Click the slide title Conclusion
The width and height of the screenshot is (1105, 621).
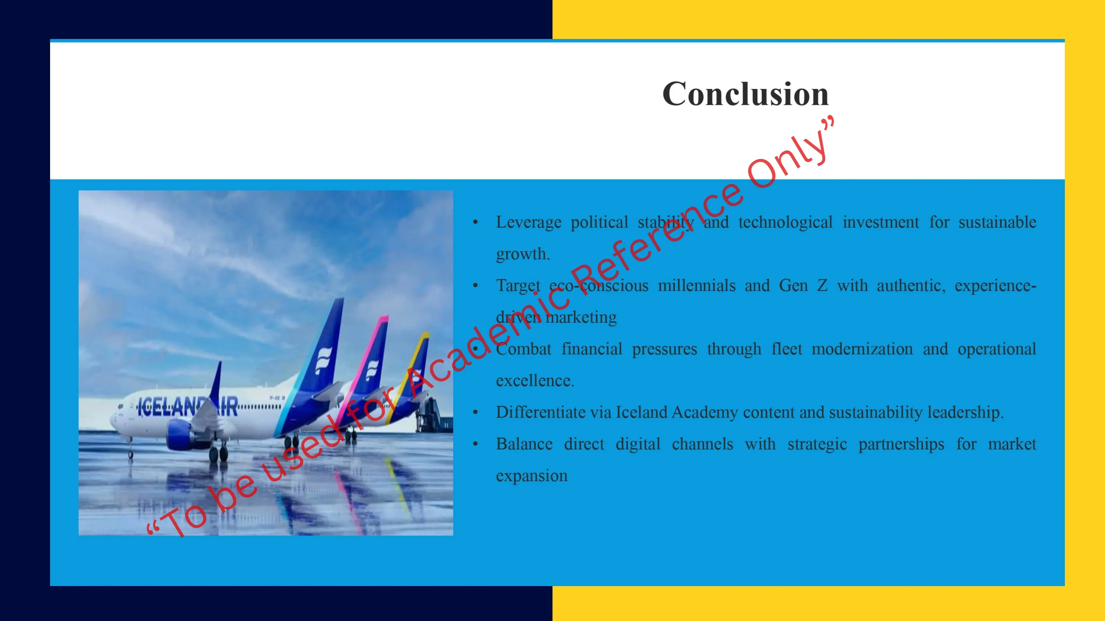[x=746, y=94]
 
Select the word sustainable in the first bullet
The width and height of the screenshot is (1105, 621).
[x=997, y=222]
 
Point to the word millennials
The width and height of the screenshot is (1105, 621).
[x=697, y=285]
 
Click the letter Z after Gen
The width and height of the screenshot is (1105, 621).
[x=822, y=285]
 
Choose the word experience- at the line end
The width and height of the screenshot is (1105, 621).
[x=995, y=286]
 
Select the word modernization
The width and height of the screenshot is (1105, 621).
[x=862, y=349]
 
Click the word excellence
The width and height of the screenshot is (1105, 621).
[x=535, y=380]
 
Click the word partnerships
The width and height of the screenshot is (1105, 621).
[x=901, y=444]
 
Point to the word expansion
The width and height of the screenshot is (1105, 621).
[x=532, y=476]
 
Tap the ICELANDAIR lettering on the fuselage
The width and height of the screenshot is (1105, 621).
[x=187, y=406]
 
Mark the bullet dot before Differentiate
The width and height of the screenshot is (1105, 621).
[x=475, y=413]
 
